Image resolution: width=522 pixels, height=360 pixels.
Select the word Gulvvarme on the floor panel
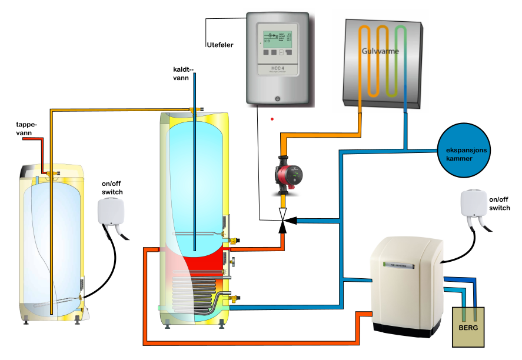(x=381, y=52)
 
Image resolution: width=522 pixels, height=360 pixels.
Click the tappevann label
(x=26, y=129)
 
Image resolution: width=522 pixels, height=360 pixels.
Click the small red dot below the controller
(x=272, y=119)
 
